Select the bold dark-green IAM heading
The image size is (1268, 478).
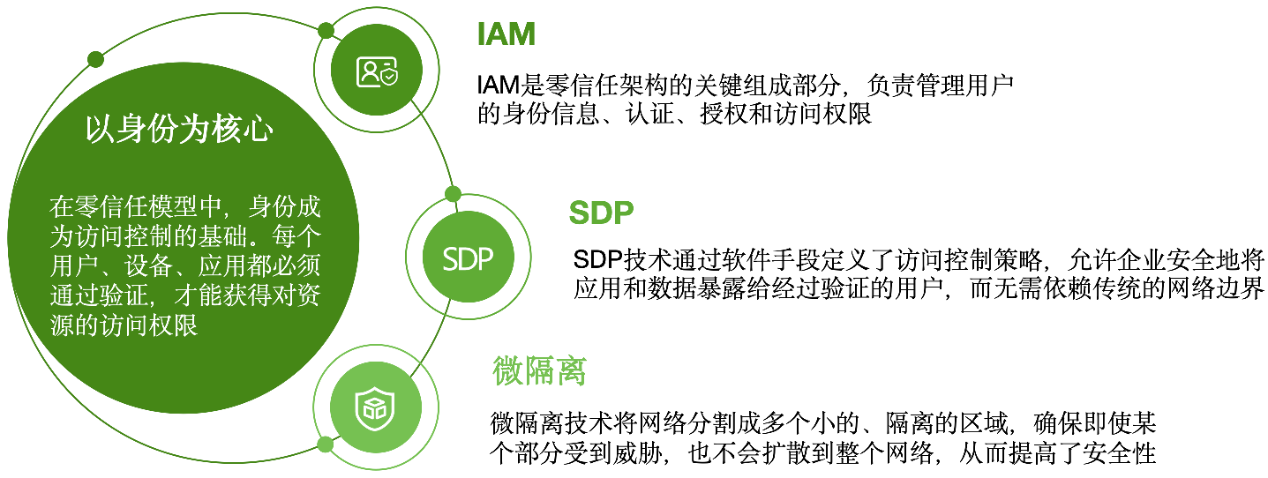tap(506, 34)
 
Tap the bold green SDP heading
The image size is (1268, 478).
tap(602, 213)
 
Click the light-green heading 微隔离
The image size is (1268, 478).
tap(538, 371)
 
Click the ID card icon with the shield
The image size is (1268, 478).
tap(377, 71)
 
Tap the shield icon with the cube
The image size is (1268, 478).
tap(370, 405)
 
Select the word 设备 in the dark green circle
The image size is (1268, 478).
tap(139, 266)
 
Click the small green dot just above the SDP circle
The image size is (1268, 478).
tap(453, 194)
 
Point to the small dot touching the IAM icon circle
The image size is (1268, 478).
tap(326, 32)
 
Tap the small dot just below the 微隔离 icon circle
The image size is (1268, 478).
tap(325, 443)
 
